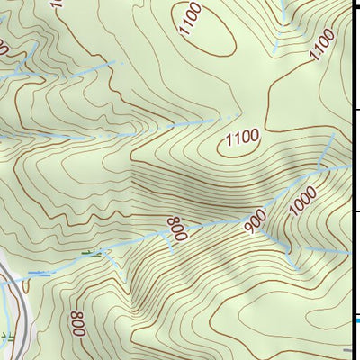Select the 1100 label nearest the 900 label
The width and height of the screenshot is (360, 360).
click(x=241, y=138)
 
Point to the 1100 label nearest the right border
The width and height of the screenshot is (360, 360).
click(x=322, y=44)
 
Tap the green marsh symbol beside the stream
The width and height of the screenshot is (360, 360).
click(x=89, y=254)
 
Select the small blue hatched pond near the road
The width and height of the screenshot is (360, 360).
click(x=40, y=272)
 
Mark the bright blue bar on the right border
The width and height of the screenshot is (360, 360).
click(x=356, y=319)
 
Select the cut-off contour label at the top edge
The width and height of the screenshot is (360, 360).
click(x=58, y=4)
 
